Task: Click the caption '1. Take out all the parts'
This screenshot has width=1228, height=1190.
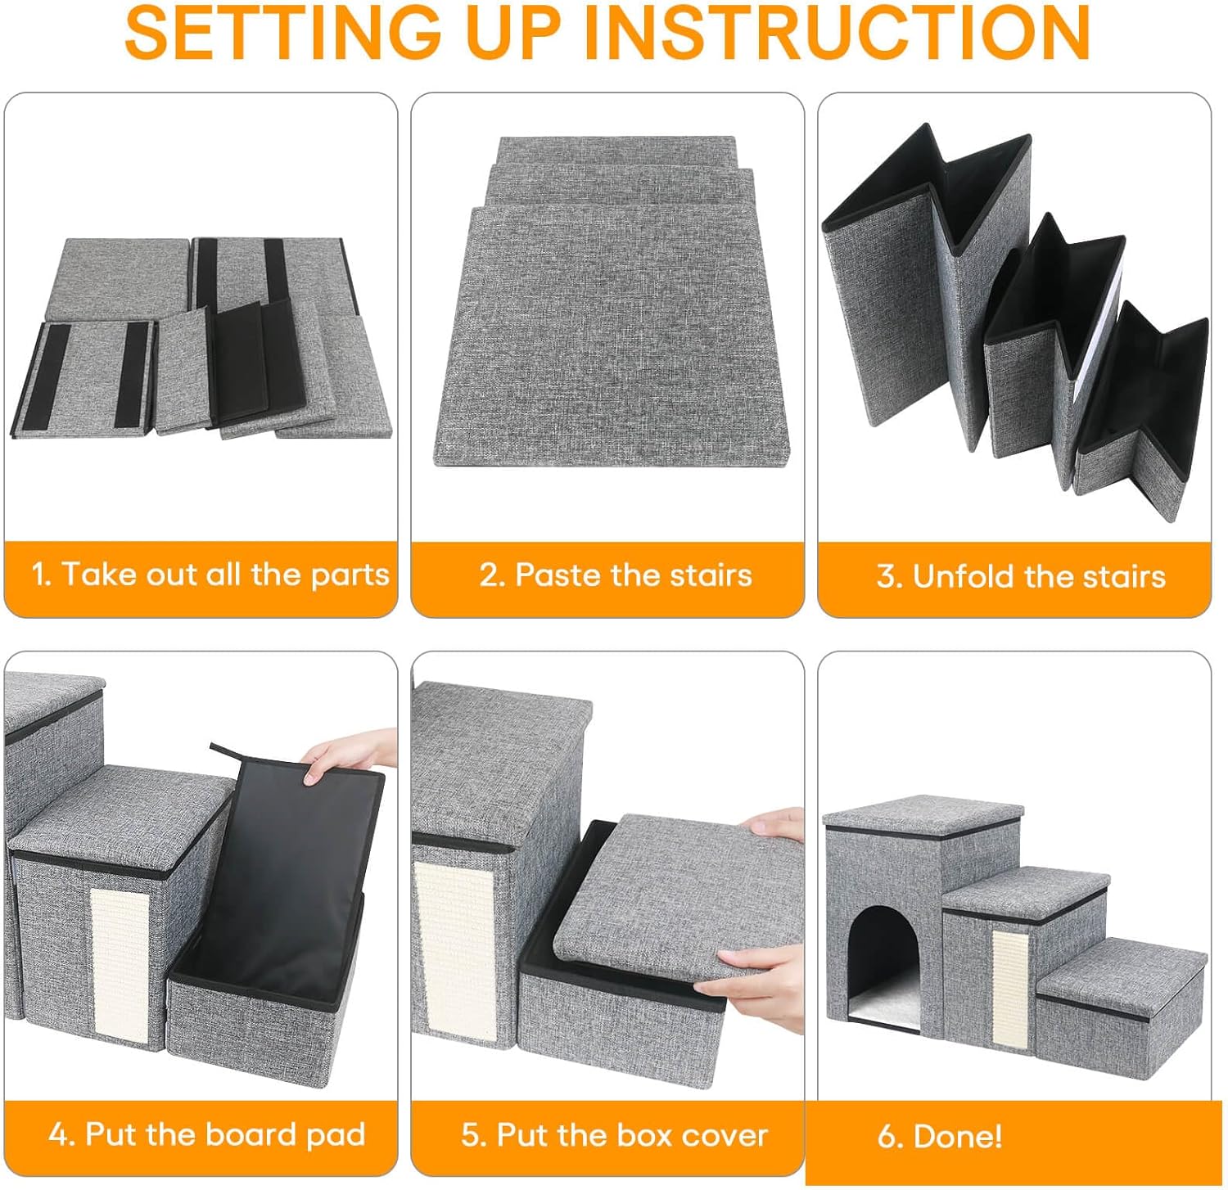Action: click(210, 575)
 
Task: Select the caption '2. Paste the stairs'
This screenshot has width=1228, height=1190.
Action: click(616, 575)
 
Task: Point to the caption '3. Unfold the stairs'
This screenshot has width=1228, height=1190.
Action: click(1021, 576)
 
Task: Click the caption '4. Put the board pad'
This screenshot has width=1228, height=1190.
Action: click(206, 1134)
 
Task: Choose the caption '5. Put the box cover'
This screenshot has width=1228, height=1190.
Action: click(614, 1135)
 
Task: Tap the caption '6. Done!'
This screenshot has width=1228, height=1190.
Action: click(940, 1136)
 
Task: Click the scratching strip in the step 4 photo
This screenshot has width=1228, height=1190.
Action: click(120, 966)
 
